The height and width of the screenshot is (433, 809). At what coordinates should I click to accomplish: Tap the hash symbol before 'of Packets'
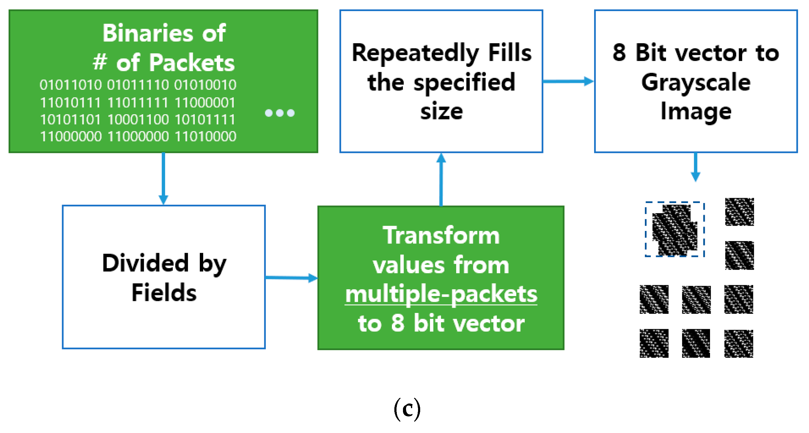(100, 62)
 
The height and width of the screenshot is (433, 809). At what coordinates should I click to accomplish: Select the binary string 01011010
(71, 85)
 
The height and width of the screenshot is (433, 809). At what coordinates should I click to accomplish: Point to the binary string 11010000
(205, 136)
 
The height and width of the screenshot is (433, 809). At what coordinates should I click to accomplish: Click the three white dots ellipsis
(279, 113)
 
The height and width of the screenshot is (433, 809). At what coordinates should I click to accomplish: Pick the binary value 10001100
(138, 119)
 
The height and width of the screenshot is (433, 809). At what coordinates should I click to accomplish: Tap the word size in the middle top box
(441, 111)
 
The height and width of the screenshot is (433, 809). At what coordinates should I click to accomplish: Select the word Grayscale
(696, 83)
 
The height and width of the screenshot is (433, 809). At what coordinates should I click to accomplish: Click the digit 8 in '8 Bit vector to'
(619, 53)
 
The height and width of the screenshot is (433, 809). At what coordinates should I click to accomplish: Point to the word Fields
(164, 292)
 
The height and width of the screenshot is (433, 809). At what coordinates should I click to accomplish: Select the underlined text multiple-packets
(441, 294)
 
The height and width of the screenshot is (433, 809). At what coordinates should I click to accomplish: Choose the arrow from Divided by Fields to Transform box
(291, 278)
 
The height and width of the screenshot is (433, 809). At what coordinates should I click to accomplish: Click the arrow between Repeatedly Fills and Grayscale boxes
(568, 81)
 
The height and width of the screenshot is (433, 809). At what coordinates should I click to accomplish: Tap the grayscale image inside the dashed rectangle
(675, 230)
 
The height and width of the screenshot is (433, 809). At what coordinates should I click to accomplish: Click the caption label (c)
(407, 409)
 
